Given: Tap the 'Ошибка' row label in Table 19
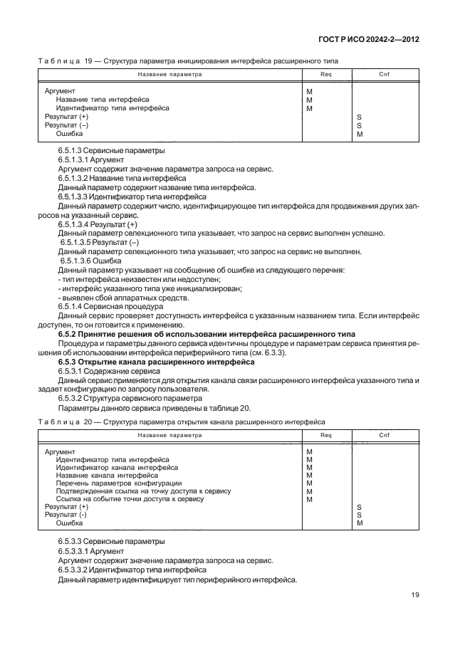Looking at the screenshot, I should pos(69,133).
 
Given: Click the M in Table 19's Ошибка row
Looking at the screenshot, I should pos(360,133).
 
